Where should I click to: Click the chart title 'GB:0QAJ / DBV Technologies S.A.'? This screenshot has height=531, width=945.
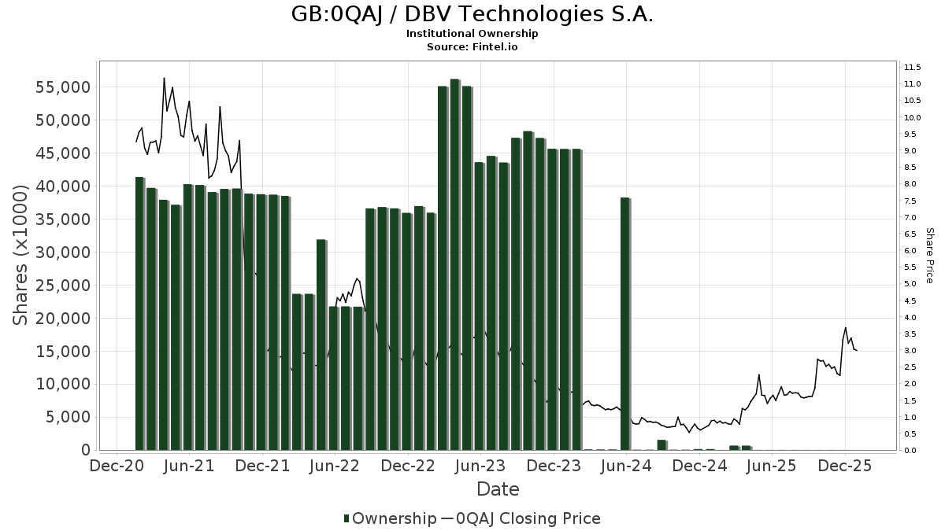(x=472, y=14)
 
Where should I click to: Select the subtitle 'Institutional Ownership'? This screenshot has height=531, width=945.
(x=472, y=34)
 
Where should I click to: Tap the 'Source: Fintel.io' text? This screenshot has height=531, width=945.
(x=472, y=47)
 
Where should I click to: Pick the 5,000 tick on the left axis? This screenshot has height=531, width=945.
(x=68, y=417)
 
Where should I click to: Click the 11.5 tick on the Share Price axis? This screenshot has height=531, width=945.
(x=913, y=67)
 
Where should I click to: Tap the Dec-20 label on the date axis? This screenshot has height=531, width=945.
(x=116, y=466)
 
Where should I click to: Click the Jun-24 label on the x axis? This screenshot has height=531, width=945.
(x=627, y=466)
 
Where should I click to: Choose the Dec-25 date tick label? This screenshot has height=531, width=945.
(x=845, y=466)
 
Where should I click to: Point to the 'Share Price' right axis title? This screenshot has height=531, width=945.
(x=929, y=255)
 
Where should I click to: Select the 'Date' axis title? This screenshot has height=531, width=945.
(x=498, y=489)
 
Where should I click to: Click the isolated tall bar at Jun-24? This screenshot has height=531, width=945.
(x=625, y=323)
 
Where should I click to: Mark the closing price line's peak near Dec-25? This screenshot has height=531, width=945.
(x=846, y=328)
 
